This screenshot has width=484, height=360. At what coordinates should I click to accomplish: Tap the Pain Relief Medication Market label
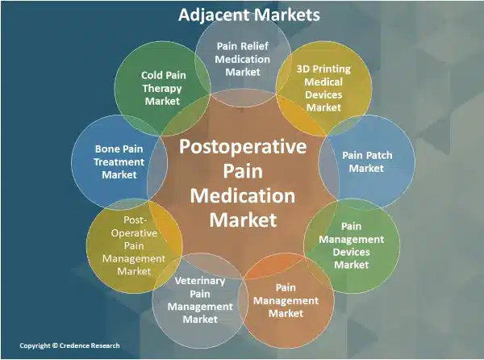point(243,58)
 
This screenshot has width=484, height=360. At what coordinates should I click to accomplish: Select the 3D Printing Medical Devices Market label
point(325,84)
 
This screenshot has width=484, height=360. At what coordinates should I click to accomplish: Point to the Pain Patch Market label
point(362,161)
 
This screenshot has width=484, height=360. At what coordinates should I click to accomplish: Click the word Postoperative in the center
point(243,147)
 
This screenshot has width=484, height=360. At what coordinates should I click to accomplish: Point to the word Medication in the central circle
point(243,195)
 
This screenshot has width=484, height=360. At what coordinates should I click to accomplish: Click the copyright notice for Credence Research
point(69,345)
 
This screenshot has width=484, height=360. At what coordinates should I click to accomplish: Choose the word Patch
point(373,154)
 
